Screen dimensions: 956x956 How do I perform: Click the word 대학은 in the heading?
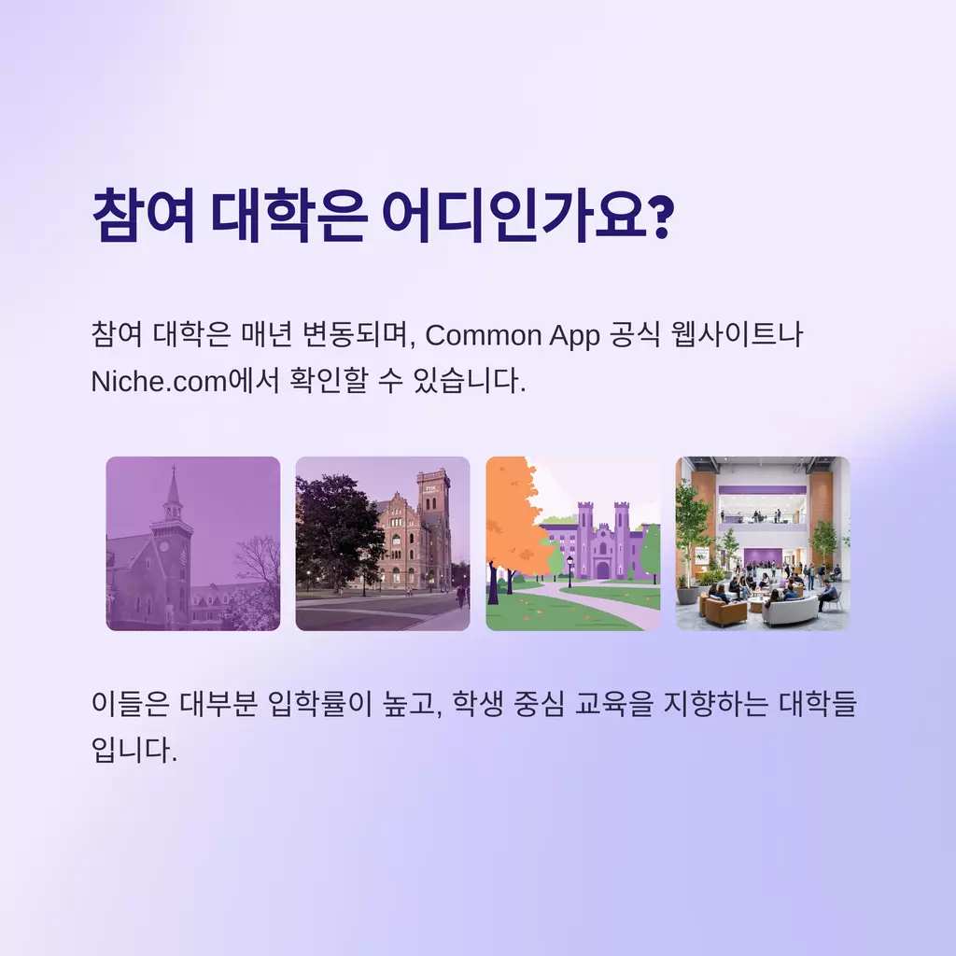pos(288,216)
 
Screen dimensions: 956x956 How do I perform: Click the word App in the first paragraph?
pos(574,336)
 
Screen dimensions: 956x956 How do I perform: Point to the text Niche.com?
pos(159,382)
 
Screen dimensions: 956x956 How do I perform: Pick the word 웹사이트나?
pos(737,334)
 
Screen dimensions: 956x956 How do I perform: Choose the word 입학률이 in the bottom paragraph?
pos(319,703)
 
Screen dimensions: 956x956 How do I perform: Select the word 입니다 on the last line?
pos(134,750)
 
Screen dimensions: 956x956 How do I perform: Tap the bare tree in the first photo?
pos(256,573)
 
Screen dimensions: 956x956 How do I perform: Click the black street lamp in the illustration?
pos(570,571)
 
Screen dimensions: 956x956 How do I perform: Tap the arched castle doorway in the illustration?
pos(602,570)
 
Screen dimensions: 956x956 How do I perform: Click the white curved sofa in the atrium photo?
pos(790,610)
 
